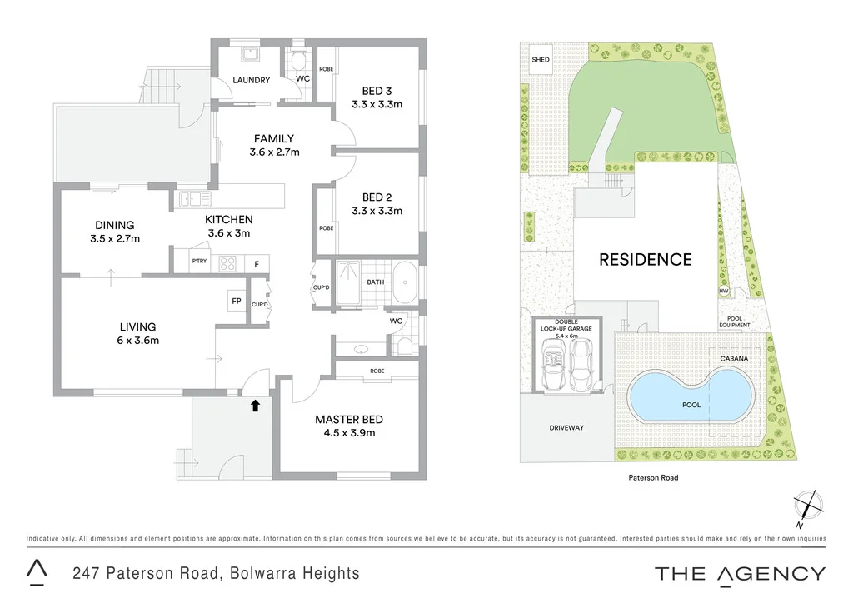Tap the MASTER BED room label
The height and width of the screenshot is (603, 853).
pos(348,419)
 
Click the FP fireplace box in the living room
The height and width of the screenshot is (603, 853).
pos(236,301)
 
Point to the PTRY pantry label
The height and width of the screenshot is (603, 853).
pos(198,262)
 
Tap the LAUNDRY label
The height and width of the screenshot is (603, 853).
pos(251,80)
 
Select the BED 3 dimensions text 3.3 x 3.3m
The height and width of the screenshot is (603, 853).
pos(377,104)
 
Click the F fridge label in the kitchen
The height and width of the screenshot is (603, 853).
pos(257,263)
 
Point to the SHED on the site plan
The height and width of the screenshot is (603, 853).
pos(541,60)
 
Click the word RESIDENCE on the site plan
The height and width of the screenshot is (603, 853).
pos(646,259)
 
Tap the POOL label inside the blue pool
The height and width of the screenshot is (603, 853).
pos(691,406)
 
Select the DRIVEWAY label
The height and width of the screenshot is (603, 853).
pos(566,428)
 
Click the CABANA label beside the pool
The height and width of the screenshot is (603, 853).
pos(734,358)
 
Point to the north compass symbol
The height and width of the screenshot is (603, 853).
pos(809,505)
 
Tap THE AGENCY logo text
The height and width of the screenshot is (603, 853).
pos(740,573)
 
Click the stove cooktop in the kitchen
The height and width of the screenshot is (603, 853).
pos(228,263)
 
